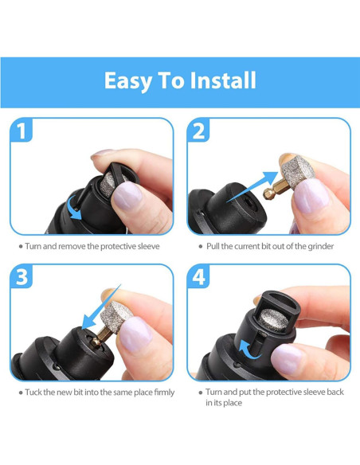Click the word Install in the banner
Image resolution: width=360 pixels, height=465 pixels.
(x=223, y=80)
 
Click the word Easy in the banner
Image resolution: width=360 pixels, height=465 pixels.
(x=128, y=81)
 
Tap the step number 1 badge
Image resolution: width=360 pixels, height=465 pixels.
(x=21, y=131)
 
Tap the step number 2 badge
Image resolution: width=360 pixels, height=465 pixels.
(x=198, y=131)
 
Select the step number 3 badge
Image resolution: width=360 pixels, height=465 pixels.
(x=22, y=276)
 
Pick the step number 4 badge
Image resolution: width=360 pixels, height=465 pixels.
(x=198, y=276)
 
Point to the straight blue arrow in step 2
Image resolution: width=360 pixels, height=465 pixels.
(x=252, y=187)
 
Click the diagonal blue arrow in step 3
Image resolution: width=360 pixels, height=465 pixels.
(x=101, y=307)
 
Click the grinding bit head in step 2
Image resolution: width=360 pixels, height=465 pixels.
(x=297, y=170)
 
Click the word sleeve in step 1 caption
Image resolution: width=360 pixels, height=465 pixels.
(x=149, y=247)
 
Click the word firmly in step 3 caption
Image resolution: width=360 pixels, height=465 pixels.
(x=164, y=393)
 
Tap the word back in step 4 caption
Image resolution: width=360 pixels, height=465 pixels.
(x=335, y=392)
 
